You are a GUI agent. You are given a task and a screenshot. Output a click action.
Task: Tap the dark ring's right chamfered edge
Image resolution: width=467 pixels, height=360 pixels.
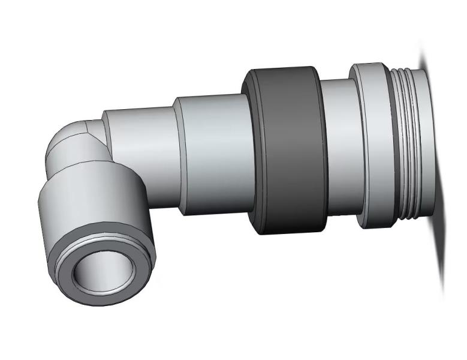pyautogui.click(x=322, y=150)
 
